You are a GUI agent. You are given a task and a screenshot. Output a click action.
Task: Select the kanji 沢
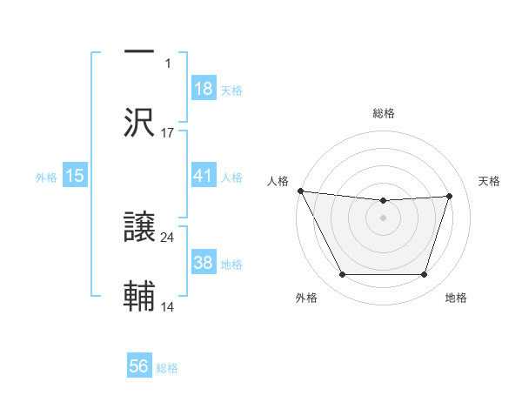tap(139, 122)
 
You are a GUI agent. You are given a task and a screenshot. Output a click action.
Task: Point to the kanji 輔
tap(139, 297)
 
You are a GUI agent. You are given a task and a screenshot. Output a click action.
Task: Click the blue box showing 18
tap(203, 89)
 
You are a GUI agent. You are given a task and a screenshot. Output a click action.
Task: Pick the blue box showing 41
tap(203, 176)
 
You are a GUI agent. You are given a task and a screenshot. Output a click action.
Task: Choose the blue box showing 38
tap(203, 263)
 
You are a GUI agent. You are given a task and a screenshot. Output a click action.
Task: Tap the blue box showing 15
tap(74, 176)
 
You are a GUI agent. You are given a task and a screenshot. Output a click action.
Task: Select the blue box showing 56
tap(139, 366)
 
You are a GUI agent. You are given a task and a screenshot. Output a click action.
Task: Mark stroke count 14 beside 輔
tap(168, 306)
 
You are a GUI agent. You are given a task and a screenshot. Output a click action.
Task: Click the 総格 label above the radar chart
tap(383, 113)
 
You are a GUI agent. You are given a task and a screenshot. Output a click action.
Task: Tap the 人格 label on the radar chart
tap(278, 180)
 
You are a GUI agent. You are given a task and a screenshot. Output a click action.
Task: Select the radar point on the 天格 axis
tap(450, 196)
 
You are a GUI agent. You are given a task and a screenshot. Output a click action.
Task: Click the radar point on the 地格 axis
tap(425, 275)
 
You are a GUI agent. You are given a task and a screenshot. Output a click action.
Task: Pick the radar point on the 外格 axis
tap(342, 275)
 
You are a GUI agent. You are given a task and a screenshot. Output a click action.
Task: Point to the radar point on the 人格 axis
tap(300, 191)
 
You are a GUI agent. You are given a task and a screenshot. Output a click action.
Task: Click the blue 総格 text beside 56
tap(167, 368)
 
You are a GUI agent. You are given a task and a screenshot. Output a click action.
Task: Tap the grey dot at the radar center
tap(383, 218)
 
